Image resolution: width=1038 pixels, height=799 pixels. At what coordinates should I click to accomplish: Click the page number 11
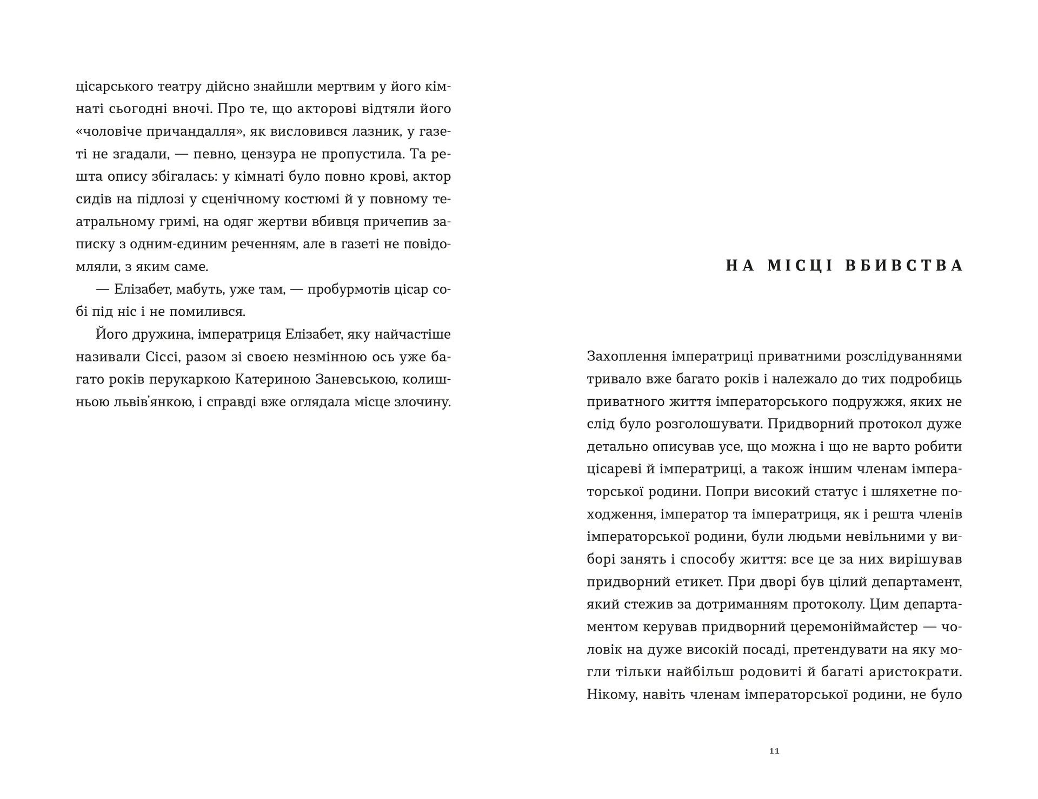774,751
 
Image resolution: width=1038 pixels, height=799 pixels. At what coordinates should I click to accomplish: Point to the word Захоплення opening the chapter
625,356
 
